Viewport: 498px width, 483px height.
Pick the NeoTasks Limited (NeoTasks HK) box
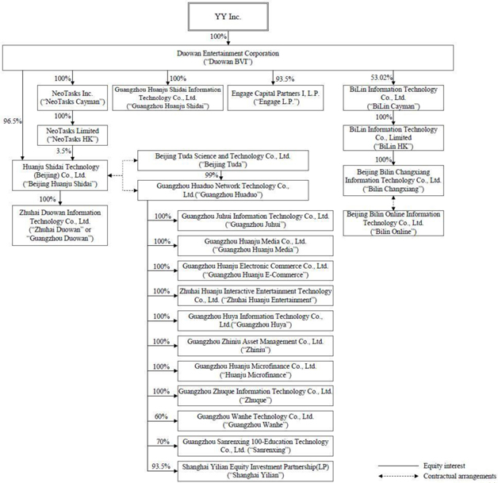(x=67, y=131)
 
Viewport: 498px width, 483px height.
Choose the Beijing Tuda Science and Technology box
(x=210, y=160)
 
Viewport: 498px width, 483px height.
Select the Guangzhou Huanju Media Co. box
(x=255, y=244)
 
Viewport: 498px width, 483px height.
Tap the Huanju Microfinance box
(x=255, y=370)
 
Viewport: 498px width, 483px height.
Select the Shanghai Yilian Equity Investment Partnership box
(x=255, y=470)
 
